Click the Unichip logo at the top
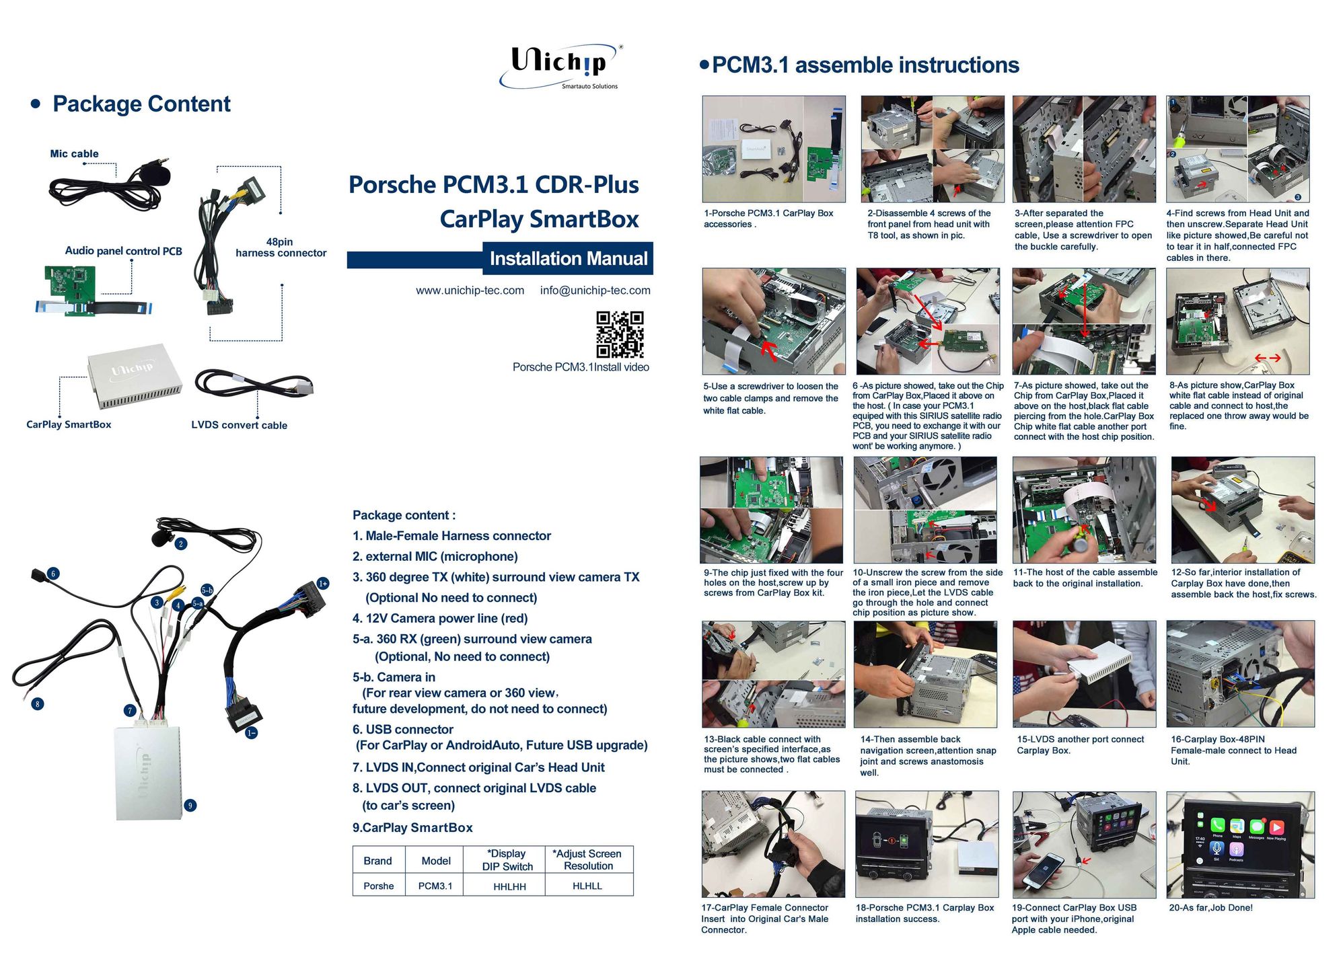click(x=561, y=66)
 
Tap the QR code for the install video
click(x=620, y=334)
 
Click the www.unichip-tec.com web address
click(x=470, y=291)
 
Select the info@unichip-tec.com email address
click(x=595, y=291)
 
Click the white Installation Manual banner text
click(x=568, y=258)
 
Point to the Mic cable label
click(x=74, y=154)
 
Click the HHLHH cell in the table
click(x=509, y=886)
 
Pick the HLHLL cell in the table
click(x=587, y=886)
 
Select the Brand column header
click(x=377, y=861)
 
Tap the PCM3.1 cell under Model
click(x=435, y=886)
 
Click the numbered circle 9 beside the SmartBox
click(x=190, y=805)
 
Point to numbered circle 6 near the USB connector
click(x=53, y=574)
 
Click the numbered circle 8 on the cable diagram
click(x=38, y=704)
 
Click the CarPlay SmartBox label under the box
click(x=69, y=424)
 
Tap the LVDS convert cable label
click(x=239, y=425)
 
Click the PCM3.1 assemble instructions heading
click(x=865, y=65)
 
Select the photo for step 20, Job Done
click(x=1240, y=845)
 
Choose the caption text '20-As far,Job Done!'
click(x=1211, y=908)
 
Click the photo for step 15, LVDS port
click(x=1084, y=674)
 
